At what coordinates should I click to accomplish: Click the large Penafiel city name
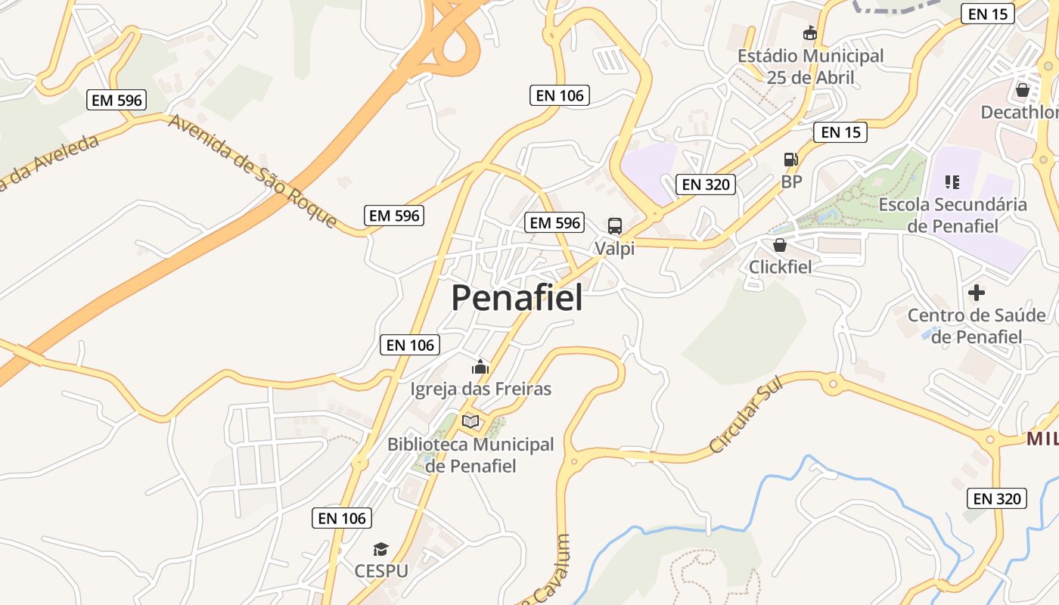517,298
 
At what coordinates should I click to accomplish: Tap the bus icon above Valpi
615,225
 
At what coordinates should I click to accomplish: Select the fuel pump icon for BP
791,160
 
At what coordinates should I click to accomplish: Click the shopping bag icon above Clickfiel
780,245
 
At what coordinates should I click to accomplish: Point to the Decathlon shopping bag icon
1023,90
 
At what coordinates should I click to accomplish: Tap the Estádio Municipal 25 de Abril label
810,67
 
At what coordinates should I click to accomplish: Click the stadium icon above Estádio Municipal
810,33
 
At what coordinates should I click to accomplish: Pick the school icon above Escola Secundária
952,181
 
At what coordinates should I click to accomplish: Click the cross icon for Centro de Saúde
977,292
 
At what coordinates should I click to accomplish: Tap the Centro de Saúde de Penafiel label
977,326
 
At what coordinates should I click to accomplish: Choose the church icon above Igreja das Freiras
480,368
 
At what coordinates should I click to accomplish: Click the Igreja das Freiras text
480,389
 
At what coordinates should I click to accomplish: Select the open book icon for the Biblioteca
470,421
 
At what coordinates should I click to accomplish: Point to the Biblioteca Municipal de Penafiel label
470,455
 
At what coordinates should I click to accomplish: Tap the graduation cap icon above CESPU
381,549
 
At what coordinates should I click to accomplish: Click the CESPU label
381,570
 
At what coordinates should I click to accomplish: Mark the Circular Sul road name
746,414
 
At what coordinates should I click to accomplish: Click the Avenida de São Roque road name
253,171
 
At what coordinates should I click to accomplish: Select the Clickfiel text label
780,267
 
